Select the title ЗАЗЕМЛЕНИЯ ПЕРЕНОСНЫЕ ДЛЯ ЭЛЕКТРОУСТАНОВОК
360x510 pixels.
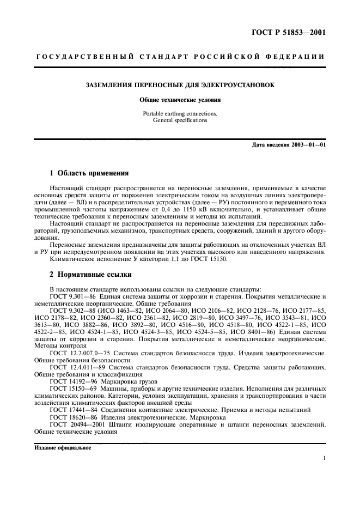click(180, 85)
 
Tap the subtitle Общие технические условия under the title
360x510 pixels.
click(180, 101)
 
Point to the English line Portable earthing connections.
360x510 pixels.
click(180, 114)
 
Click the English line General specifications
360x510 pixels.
click(180, 120)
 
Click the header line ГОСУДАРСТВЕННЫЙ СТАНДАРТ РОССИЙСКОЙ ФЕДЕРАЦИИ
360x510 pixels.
click(180, 57)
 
